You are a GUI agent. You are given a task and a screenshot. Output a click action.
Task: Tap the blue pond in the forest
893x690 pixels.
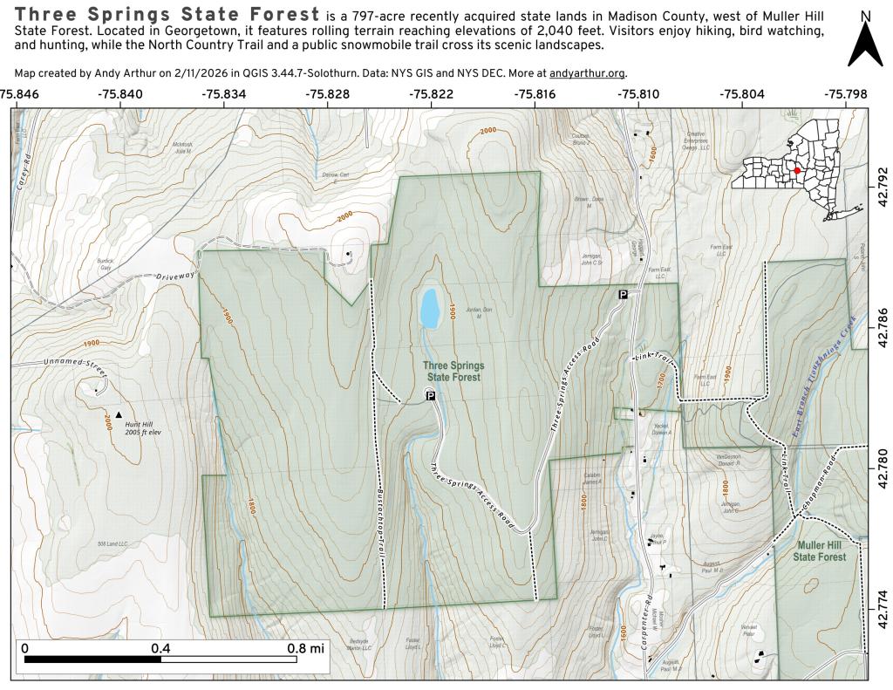[x=429, y=309]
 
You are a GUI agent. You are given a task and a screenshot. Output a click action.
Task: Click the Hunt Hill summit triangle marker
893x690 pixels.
[x=119, y=414]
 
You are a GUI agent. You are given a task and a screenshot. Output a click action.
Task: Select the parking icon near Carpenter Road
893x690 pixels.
[x=623, y=295]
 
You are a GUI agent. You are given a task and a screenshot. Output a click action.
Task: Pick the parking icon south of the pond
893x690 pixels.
[x=430, y=395]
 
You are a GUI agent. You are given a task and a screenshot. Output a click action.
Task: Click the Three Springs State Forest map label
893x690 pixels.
[x=453, y=372]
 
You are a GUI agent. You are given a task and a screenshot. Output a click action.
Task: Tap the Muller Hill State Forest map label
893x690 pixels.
[x=819, y=550]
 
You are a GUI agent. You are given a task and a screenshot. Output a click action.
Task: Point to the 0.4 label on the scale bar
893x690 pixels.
[x=160, y=648]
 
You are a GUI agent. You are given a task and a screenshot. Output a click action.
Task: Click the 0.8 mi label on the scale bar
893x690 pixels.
[x=303, y=648]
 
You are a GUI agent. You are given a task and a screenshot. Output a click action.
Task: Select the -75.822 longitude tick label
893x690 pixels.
[x=432, y=93]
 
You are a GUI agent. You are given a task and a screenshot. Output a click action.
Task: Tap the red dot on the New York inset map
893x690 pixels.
[x=797, y=171]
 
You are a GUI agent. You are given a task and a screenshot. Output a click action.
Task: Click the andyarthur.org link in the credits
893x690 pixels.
[x=588, y=74]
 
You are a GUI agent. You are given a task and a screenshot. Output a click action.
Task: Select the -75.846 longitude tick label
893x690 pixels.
[x=19, y=93]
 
